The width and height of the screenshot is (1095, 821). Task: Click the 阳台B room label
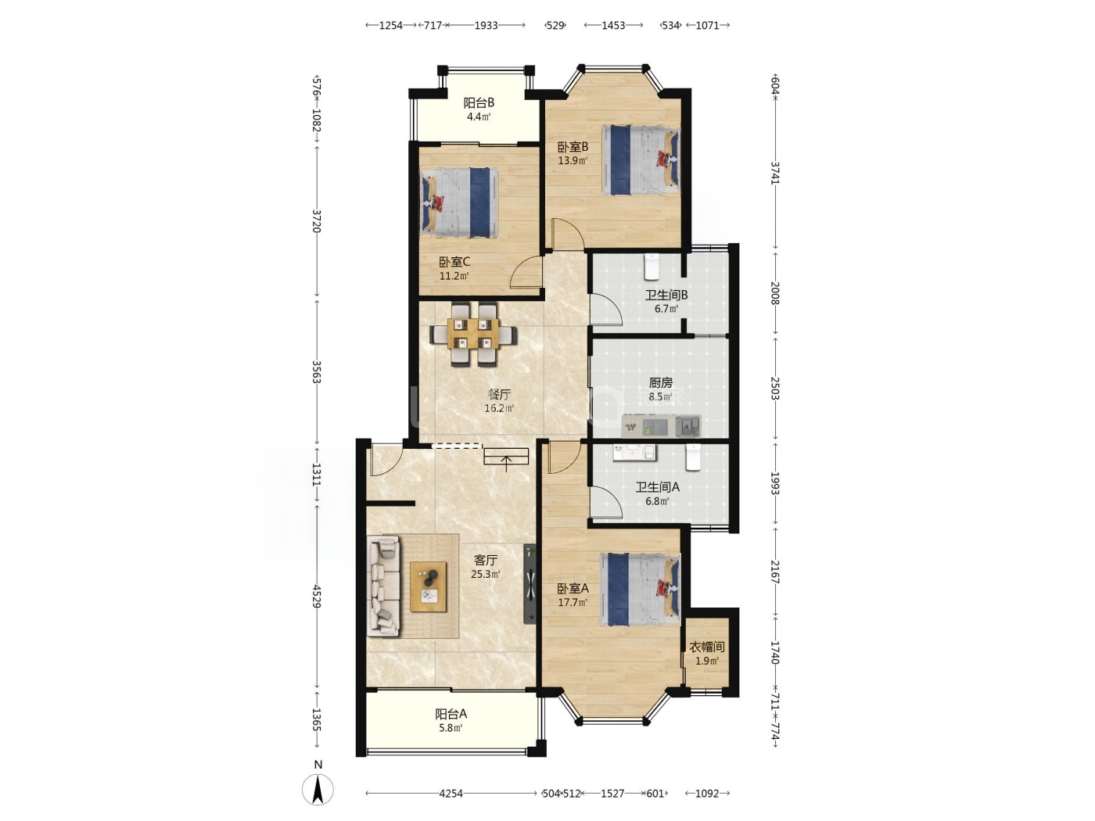point(479,109)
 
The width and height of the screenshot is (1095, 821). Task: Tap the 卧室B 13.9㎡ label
point(573,153)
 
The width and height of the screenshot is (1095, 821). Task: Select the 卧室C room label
point(454,269)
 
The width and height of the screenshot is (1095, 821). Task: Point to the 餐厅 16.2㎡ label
point(499,401)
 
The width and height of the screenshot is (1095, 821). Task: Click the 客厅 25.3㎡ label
point(486,567)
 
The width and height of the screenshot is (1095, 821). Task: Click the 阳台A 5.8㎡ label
point(451,720)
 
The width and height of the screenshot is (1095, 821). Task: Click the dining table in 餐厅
point(473,334)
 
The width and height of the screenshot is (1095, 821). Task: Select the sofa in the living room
point(383,586)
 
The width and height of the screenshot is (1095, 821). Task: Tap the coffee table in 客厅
point(428,586)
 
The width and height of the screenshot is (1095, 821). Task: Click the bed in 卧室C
point(459,202)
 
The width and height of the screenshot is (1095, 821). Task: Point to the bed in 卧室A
point(640,590)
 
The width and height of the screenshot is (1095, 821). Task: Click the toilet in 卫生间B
point(652,267)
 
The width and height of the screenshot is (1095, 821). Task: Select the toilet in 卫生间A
point(693,457)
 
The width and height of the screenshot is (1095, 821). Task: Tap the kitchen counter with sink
point(661,426)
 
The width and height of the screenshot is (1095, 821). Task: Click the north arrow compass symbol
point(318,790)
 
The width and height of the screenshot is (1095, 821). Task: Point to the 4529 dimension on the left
point(316,597)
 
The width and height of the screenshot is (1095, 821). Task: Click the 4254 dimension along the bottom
point(451,793)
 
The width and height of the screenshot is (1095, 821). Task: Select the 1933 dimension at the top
point(486,25)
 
